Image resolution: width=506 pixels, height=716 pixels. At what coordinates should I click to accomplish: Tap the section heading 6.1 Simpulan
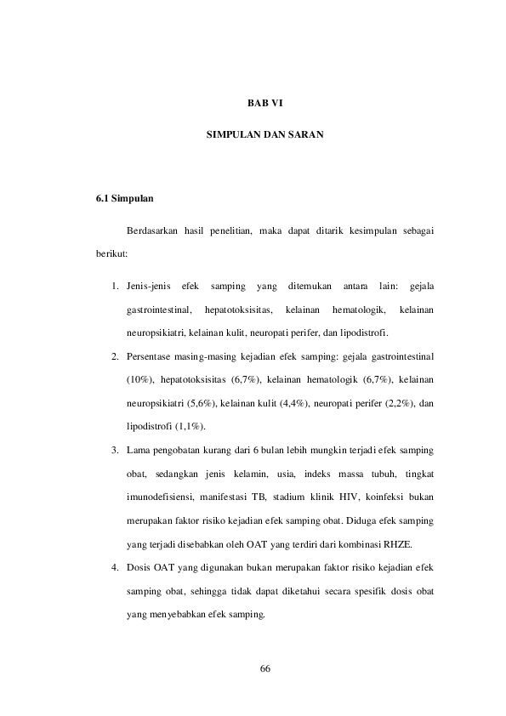click(124, 200)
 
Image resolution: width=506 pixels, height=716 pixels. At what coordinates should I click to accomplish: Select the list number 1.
click(114, 285)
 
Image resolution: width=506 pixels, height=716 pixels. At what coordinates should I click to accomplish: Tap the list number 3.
click(114, 447)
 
